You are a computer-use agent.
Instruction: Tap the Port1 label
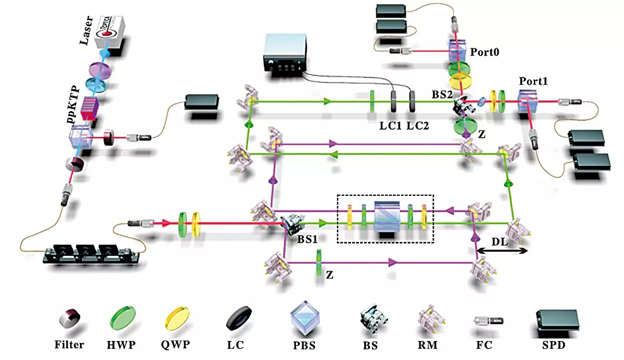point(533,82)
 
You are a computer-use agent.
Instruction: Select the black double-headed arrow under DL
point(502,251)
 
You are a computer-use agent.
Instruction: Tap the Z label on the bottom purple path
point(330,274)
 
